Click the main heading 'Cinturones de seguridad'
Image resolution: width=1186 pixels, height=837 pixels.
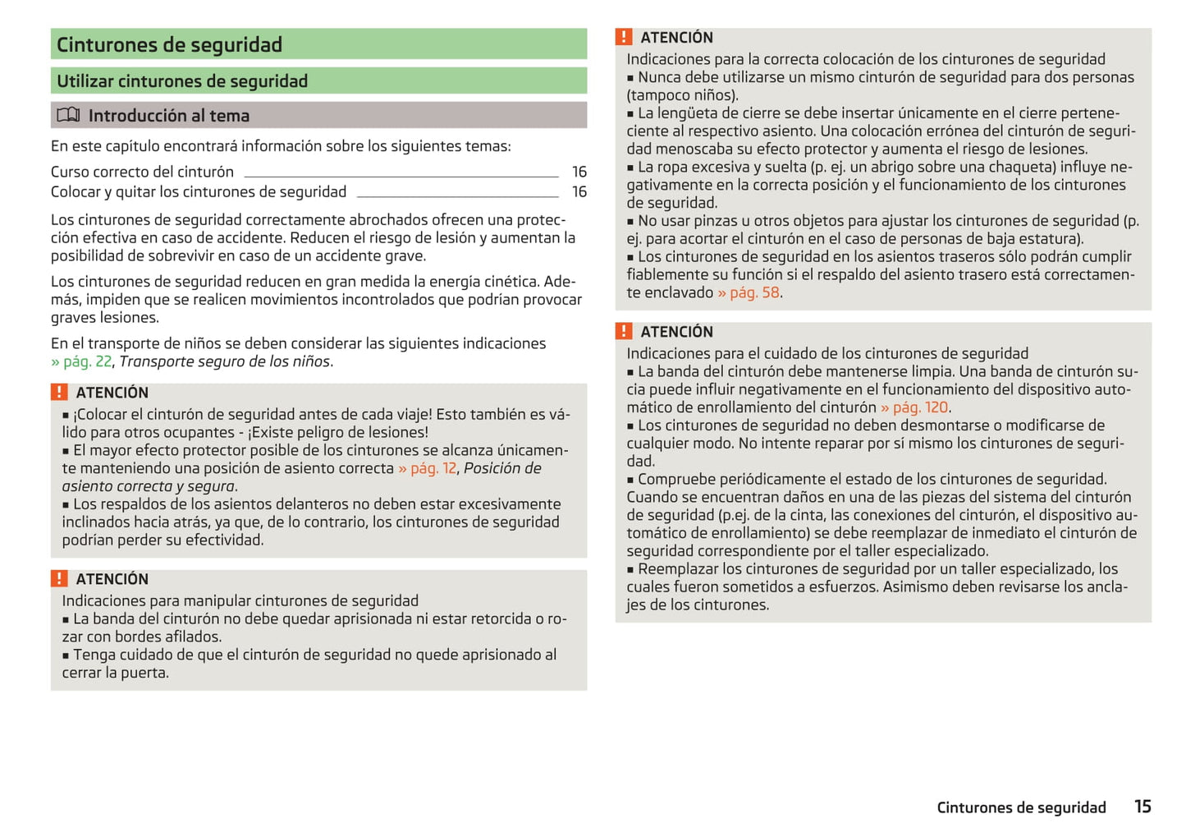click(x=169, y=44)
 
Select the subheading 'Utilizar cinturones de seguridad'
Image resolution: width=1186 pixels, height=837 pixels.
click(x=182, y=81)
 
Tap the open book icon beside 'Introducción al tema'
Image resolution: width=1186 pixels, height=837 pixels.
click(x=68, y=115)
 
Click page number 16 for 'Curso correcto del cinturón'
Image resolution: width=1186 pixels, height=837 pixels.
click(x=579, y=172)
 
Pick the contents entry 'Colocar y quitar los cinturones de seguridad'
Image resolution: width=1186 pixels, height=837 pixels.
click(x=199, y=192)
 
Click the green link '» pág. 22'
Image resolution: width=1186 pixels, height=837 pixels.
click(x=81, y=361)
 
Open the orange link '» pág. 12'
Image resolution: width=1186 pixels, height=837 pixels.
click(x=428, y=468)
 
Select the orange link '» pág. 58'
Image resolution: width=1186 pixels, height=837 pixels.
click(x=749, y=292)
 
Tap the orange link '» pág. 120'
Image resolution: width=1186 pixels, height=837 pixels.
click(x=914, y=407)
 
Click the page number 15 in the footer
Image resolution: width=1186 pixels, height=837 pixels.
click(x=1142, y=807)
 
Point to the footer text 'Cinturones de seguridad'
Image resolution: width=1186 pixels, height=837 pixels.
click(x=1021, y=807)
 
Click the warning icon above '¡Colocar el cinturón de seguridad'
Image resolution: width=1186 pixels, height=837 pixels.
click(x=59, y=393)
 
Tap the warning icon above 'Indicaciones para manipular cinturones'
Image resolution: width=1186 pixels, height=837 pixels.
click(x=59, y=579)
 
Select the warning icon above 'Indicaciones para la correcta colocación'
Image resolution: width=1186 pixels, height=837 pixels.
click(x=624, y=37)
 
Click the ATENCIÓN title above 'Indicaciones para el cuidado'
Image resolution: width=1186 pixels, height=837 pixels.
click(x=676, y=332)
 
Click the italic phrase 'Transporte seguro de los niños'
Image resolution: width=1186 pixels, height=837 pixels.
click(x=225, y=361)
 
